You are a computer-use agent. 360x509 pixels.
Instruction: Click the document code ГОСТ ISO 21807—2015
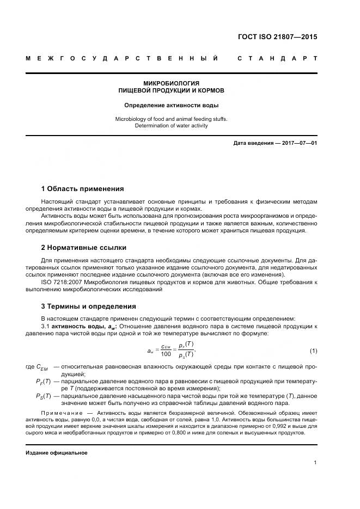click(277, 38)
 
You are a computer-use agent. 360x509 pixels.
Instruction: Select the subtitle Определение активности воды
click(172, 105)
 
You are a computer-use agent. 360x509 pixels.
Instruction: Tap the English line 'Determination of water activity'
click(172, 126)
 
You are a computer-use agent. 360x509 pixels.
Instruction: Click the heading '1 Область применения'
click(82, 189)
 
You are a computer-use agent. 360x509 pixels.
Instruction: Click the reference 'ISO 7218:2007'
click(61, 283)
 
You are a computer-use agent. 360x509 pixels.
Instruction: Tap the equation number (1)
click(313, 349)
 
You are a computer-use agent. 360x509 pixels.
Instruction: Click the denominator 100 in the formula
click(166, 354)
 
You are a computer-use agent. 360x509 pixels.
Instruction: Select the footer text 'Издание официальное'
click(56, 453)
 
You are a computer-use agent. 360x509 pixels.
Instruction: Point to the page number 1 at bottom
click(315, 463)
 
